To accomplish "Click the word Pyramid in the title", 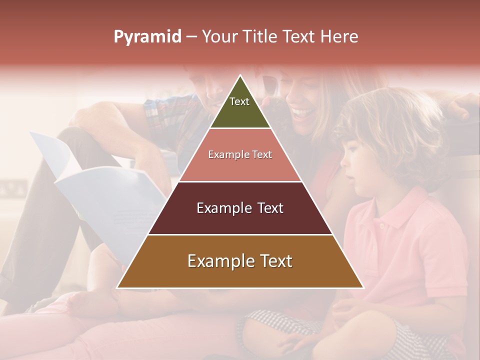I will click(147, 37).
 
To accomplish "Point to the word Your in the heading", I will click(219, 37).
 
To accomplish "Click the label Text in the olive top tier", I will click(239, 101).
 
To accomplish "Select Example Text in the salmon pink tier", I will click(240, 154).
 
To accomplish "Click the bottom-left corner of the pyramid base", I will click(117, 288).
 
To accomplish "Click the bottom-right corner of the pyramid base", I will click(363, 288).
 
